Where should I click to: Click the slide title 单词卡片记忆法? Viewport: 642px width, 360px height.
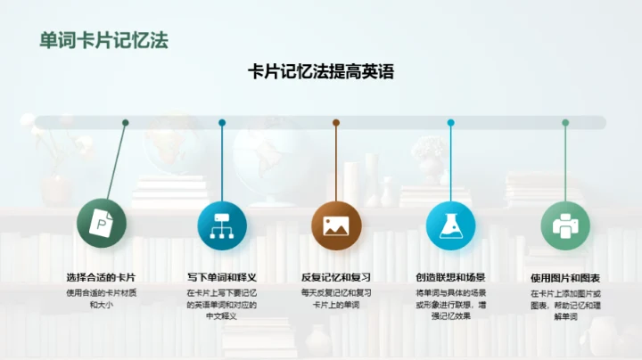(104, 40)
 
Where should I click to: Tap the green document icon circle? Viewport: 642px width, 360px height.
(102, 224)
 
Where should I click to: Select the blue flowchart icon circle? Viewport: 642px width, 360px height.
(221, 224)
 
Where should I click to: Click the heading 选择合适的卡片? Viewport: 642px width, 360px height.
(102, 277)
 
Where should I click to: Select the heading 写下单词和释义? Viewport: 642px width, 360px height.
(221, 277)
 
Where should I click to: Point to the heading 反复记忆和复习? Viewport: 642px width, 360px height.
(335, 277)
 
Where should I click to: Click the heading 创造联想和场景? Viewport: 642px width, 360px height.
(450, 277)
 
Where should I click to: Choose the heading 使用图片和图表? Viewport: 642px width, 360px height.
(565, 277)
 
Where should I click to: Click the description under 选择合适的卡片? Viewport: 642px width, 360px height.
(102, 299)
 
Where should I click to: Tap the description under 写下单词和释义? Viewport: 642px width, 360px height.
(221, 304)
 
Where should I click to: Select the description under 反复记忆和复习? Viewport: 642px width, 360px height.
(335, 299)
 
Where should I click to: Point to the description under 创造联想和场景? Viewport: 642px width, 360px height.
(450, 304)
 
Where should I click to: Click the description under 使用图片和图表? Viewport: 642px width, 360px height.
(565, 304)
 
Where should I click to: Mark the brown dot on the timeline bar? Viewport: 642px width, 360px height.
(336, 123)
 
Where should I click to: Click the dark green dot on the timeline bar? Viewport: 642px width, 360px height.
(126, 123)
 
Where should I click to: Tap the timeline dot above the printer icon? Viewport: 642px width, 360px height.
(565, 123)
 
